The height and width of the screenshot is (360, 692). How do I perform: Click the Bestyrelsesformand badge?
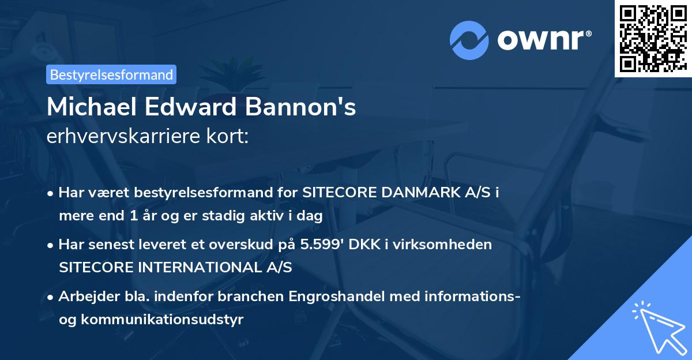(111, 74)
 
